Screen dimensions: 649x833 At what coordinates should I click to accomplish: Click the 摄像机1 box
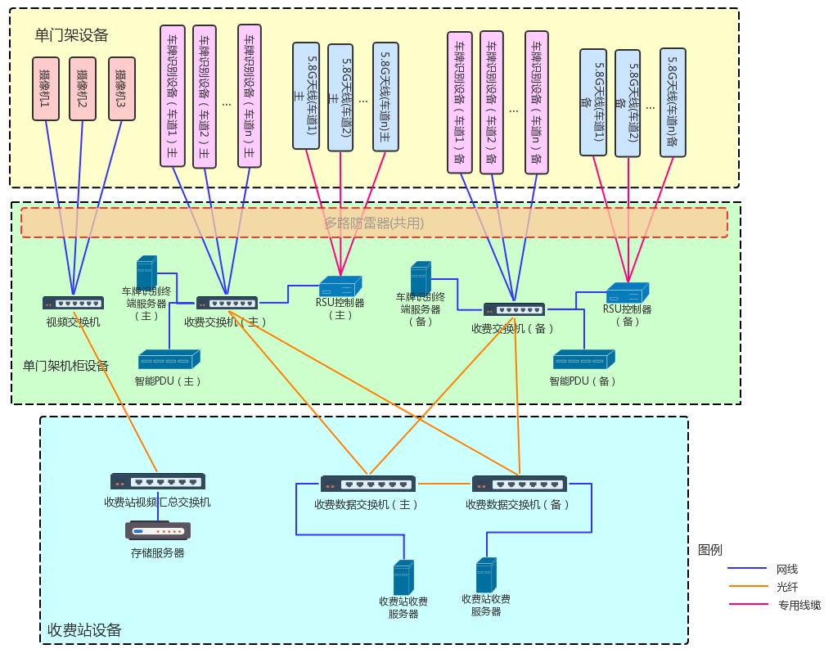coord(46,88)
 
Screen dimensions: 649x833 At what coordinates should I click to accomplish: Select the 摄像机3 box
coord(121,88)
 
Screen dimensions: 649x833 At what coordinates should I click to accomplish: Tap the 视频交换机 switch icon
coord(73,303)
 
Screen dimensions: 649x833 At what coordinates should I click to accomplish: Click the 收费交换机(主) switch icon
coord(227,303)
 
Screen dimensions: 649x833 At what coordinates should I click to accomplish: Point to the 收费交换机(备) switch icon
coord(514,309)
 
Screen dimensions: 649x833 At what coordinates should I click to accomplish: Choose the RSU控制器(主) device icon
coord(340,286)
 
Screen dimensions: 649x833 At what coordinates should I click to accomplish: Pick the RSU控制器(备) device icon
coord(627,293)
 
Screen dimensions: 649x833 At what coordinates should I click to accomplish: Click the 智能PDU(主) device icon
coord(169,359)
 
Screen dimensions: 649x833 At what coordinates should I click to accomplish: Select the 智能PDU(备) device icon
coord(583,359)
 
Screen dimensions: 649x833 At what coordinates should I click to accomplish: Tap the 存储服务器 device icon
coord(158,531)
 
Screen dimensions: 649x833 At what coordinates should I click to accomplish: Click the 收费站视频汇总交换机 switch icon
coord(157,482)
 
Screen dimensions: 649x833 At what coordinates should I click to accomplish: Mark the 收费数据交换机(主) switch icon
coord(367,484)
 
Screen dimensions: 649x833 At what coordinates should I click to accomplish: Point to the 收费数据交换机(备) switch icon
coord(519,484)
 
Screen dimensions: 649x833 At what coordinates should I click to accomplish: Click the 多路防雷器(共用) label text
coord(374,223)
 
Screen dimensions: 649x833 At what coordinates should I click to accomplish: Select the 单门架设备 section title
coord(71,35)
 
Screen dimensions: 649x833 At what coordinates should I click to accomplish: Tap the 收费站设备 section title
coord(84,630)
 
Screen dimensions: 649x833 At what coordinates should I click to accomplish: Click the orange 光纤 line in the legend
coord(746,587)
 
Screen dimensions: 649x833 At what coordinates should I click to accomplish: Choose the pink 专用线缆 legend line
coord(746,606)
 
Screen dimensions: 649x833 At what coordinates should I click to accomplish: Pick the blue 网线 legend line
coord(746,569)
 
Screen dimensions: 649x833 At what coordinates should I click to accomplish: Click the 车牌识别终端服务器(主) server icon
coord(146,273)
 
